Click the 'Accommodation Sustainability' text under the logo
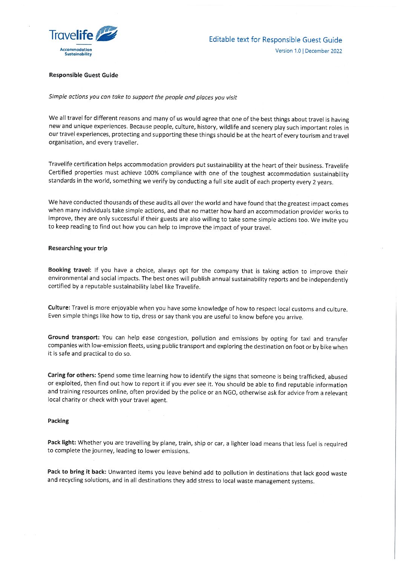click(76, 52)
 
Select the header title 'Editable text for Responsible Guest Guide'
click(275, 40)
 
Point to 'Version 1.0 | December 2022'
click(308, 51)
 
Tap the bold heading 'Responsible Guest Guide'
click(83, 75)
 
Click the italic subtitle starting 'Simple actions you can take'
click(143, 97)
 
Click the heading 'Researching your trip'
click(78, 248)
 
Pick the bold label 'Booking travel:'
click(69, 270)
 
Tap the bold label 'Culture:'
click(59, 307)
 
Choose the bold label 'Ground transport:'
click(74, 337)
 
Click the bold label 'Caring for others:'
click(72, 375)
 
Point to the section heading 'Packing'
click(58, 421)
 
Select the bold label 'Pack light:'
click(61, 442)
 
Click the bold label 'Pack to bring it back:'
click(77, 472)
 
